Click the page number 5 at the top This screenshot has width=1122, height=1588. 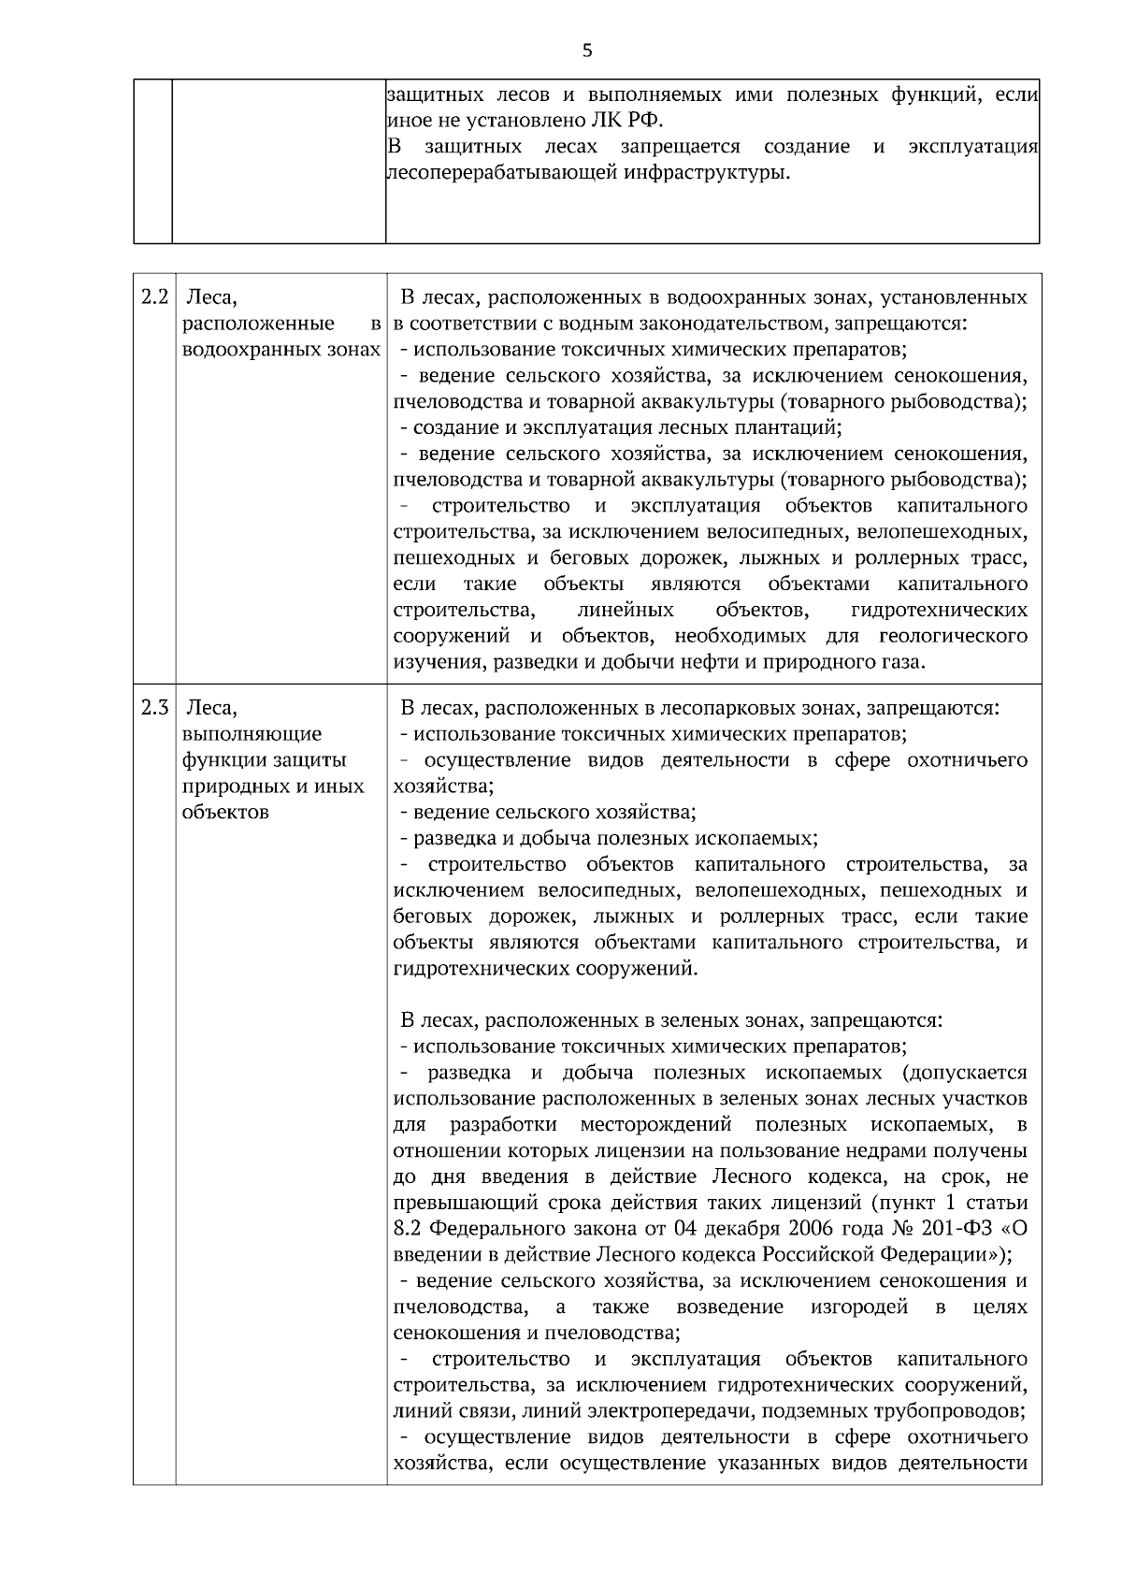coord(587,51)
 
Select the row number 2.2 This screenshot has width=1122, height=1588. coord(154,297)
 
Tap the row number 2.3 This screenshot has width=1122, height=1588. coord(154,707)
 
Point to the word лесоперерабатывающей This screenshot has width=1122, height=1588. coord(502,173)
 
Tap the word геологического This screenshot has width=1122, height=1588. coord(953,636)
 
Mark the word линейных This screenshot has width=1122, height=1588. coord(633,610)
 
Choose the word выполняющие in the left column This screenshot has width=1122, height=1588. coord(252,733)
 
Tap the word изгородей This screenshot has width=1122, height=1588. coord(859,1306)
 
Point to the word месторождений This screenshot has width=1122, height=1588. coord(655,1124)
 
